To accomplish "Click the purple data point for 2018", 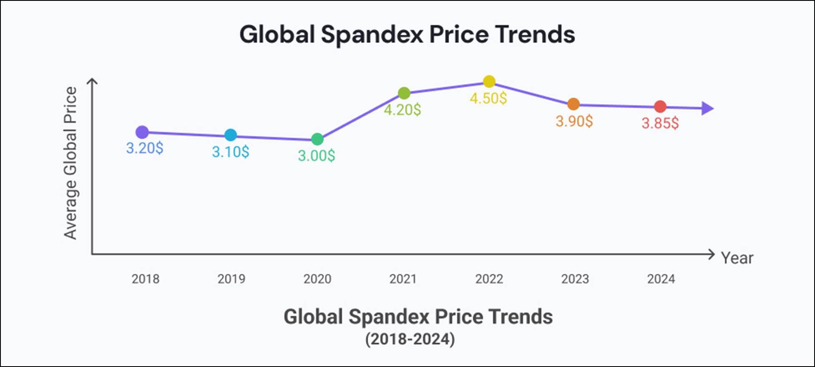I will (x=142, y=132).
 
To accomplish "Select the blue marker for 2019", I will (x=231, y=135).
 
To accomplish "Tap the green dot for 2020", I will (x=317, y=139).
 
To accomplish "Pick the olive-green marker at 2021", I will (x=404, y=93).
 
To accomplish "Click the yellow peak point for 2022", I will (x=489, y=81).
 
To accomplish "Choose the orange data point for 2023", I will (x=574, y=104).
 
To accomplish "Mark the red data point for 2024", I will (x=660, y=106).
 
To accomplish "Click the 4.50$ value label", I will (x=488, y=99).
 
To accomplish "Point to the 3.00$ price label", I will (x=316, y=156).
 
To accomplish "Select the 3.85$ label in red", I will (x=660, y=123).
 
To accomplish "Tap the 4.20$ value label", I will (x=402, y=110).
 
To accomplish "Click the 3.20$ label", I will (x=145, y=148).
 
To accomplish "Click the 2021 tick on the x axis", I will (x=403, y=279).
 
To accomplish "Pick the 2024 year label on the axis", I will (x=661, y=279).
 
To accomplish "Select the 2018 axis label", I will (x=145, y=279).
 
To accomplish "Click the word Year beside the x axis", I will (x=737, y=258).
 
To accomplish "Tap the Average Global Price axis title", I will (x=70, y=163).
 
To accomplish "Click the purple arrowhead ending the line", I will (x=707, y=109).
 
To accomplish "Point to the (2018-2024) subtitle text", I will (x=410, y=339).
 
